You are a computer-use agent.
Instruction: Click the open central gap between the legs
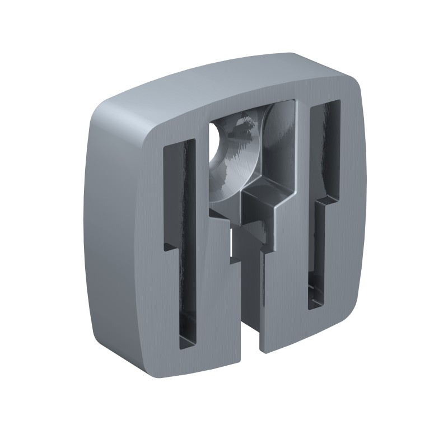point(250,314)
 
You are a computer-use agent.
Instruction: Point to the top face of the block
point(224,84)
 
